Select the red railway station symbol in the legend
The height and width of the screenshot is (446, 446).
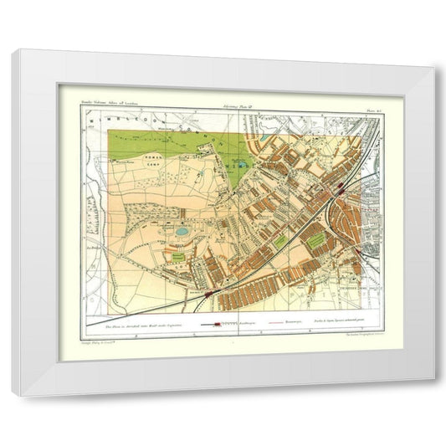pyautogui.click(x=219, y=321)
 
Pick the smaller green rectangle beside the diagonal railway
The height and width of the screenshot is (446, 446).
pyautogui.click(x=282, y=243)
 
